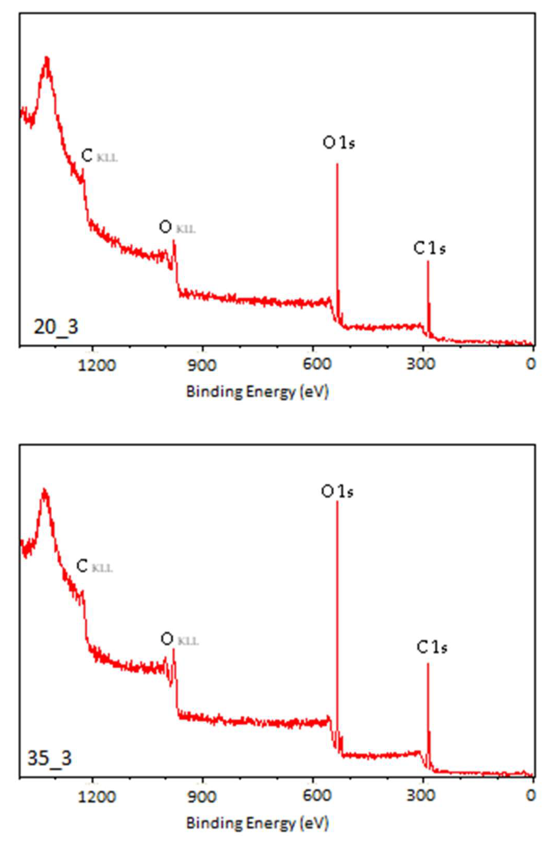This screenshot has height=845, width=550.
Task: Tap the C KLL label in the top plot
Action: (x=99, y=156)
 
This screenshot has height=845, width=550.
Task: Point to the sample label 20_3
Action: (x=56, y=327)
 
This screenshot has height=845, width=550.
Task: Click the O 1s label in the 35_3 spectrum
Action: (x=337, y=492)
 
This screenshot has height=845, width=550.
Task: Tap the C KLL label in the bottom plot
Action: (x=94, y=566)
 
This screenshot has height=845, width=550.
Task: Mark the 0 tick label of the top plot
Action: (x=531, y=364)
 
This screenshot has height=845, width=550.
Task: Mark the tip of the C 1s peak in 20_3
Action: (x=428, y=262)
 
